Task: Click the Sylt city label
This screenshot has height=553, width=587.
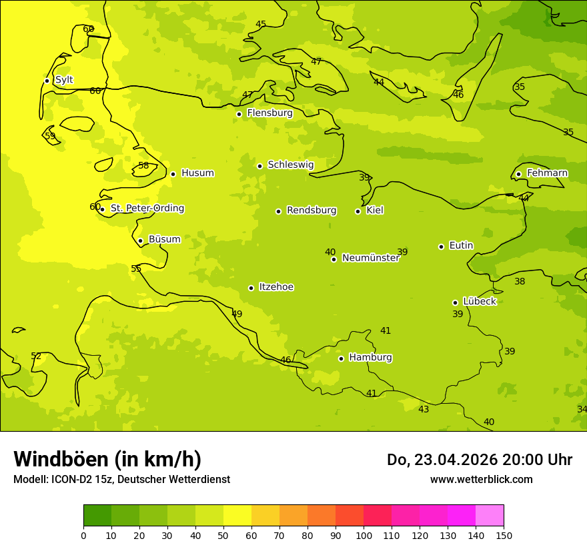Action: tap(64, 80)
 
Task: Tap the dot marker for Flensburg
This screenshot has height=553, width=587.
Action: tap(239, 114)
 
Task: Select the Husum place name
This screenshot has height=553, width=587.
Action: tap(197, 173)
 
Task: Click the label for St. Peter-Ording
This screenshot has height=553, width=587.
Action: tap(147, 209)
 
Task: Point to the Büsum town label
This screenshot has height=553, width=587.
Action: tap(164, 239)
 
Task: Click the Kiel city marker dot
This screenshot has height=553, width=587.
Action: tap(358, 211)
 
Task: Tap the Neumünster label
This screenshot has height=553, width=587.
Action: tap(371, 258)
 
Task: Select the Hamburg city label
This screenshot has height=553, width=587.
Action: tap(370, 358)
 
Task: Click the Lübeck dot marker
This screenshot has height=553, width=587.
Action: tap(455, 302)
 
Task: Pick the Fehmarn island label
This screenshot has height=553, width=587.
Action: tap(547, 173)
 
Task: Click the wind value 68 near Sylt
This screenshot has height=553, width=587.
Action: tap(88, 29)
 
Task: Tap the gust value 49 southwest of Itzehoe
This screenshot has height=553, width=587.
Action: tap(237, 314)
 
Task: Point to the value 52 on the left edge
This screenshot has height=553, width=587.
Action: tap(36, 356)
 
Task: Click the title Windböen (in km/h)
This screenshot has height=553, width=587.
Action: tap(107, 459)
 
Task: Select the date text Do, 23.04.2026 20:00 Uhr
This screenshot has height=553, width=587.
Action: tap(479, 460)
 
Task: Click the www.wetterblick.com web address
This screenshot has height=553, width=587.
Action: tap(481, 480)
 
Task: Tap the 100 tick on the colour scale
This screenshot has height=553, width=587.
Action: tap(364, 535)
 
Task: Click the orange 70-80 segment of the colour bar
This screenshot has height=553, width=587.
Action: tap(293, 515)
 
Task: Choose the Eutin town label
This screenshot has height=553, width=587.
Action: tap(461, 246)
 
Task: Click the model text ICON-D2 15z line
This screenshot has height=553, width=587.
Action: tap(121, 480)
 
